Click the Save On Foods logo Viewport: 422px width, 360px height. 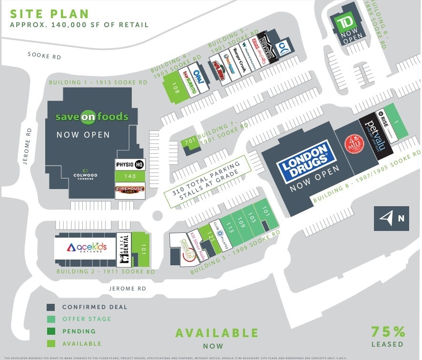(92, 117)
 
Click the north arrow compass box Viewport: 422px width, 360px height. (391, 219)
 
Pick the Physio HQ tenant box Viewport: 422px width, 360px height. (130, 165)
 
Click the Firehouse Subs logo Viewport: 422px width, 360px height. (130, 190)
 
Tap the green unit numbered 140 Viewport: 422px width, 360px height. (130, 176)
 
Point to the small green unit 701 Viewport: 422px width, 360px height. (190, 142)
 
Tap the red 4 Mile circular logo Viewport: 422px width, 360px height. (354, 144)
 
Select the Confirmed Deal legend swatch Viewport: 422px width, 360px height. (50, 307)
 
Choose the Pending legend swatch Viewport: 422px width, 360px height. (50, 331)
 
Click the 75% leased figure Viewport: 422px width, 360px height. (388, 331)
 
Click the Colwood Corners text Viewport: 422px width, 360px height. (86, 175)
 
